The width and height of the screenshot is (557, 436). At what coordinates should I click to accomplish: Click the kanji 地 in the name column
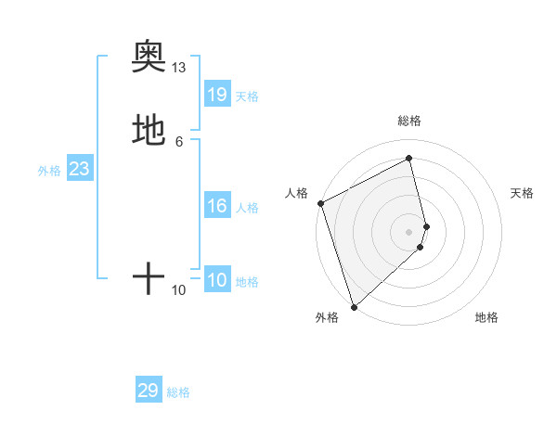(149, 129)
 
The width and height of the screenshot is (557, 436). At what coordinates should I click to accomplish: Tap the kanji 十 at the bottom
(149, 277)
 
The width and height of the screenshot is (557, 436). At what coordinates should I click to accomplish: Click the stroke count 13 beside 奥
(179, 68)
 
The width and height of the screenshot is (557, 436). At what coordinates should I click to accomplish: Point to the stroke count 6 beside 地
(179, 141)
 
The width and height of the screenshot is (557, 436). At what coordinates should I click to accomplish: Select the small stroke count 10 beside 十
(179, 290)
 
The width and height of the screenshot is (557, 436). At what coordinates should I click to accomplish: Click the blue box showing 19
(217, 95)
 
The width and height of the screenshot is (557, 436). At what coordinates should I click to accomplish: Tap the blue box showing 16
(217, 206)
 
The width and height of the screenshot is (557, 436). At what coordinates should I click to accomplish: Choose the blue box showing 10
(217, 280)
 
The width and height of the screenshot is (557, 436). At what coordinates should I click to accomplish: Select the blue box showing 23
(79, 169)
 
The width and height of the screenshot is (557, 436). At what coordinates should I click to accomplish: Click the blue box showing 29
(149, 391)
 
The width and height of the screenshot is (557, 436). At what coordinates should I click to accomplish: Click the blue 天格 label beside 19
(247, 96)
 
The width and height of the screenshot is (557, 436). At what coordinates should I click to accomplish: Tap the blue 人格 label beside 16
(247, 208)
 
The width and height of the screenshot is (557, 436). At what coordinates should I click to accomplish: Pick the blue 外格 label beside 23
(49, 171)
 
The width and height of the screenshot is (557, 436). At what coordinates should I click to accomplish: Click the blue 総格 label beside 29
(178, 392)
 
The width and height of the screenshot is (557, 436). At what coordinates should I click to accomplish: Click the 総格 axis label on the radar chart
(409, 121)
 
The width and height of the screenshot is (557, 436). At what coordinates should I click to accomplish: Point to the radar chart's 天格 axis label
(523, 193)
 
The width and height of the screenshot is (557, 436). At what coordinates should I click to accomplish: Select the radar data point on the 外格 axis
(353, 306)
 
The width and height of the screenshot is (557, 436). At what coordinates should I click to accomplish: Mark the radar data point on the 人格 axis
(320, 203)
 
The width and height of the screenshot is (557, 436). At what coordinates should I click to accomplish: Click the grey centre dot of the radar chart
(409, 231)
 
